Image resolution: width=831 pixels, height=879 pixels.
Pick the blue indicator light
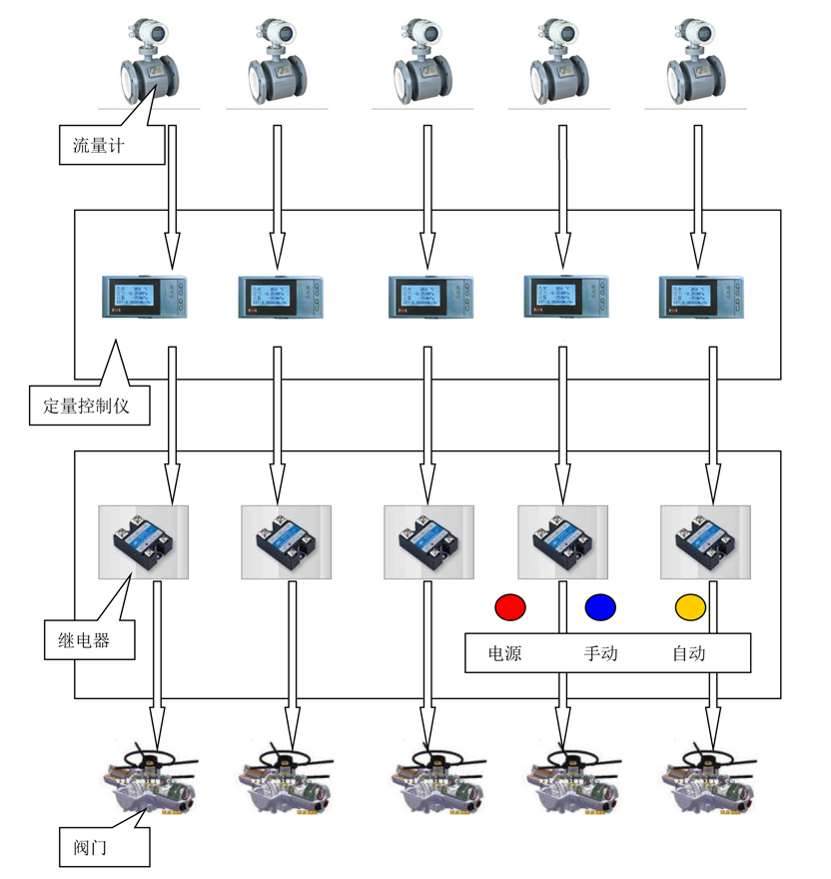(600, 606)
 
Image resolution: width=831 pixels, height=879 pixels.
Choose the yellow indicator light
(690, 606)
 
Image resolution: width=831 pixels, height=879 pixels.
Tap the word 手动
(601, 654)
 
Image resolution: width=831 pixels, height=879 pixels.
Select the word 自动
(689, 654)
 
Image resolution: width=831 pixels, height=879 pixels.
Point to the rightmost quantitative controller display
(698, 296)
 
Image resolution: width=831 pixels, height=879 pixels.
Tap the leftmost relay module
(143, 541)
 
